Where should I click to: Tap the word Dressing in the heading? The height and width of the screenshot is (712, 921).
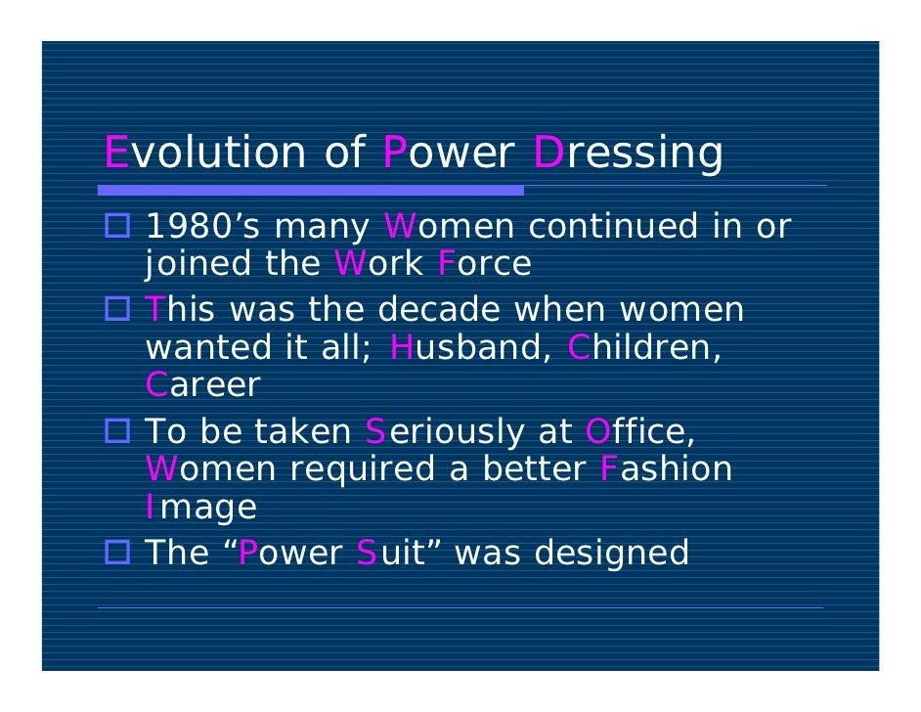coord(629,155)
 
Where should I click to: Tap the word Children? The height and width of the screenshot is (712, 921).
coord(644,347)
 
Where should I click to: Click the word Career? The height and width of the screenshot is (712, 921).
coord(202,384)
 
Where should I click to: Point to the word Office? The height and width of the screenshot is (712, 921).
coord(640,431)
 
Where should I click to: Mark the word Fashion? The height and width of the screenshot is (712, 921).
coord(665,468)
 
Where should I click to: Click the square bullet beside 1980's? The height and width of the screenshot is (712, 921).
coord(122,228)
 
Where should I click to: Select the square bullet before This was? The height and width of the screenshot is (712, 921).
coord(122,311)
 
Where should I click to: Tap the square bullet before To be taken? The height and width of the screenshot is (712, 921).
coord(122,432)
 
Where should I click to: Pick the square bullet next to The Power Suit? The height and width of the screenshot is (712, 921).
coord(122,554)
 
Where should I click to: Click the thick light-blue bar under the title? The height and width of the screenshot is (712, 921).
coord(313,190)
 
